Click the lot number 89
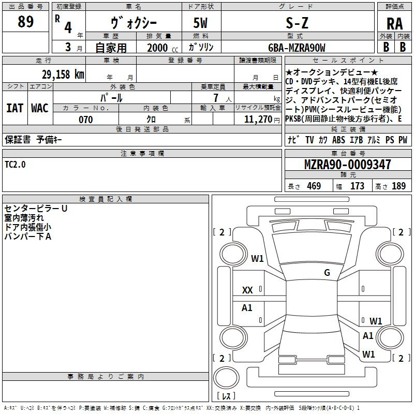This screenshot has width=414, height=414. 25,21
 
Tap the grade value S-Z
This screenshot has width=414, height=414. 297,23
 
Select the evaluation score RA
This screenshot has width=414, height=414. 395,24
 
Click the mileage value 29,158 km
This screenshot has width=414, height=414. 63,75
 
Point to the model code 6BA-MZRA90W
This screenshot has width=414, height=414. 297,48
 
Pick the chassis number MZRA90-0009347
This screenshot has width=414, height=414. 348,164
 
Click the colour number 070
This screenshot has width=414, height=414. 86,120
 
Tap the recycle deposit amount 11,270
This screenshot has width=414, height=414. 258,120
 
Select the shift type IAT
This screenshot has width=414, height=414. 15,108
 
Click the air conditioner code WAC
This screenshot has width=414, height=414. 40,108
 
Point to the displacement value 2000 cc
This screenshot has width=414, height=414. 162,48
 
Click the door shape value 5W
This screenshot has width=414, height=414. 200,23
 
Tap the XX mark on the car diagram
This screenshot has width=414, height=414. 247,290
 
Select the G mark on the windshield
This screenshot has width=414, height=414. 327,273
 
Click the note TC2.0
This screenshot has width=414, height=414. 16,165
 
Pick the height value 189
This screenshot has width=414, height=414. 398,186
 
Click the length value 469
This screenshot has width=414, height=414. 314,186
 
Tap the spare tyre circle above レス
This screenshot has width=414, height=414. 226,378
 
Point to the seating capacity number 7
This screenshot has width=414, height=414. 216,98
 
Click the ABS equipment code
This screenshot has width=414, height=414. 338,140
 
